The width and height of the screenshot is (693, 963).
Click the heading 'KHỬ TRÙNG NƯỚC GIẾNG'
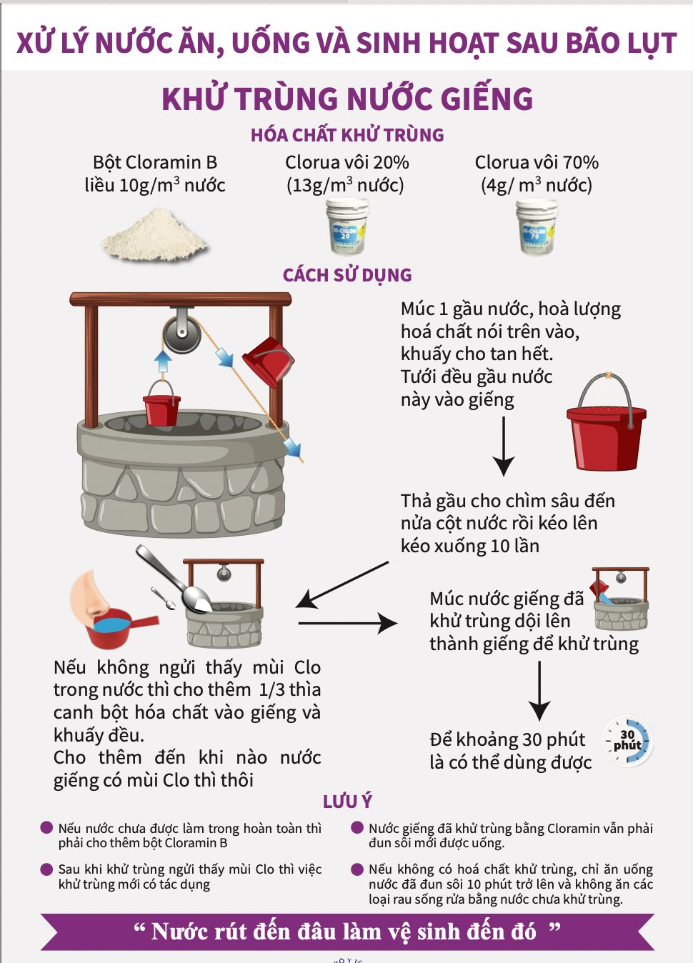pyautogui.click(x=347, y=99)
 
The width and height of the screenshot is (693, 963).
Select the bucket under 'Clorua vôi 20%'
pyautogui.click(x=347, y=227)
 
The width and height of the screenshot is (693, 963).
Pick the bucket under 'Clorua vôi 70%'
pyautogui.click(x=537, y=227)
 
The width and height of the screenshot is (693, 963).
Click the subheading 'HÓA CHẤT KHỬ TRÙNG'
pyautogui.click(x=347, y=135)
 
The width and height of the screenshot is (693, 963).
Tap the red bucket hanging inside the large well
pyautogui.click(x=161, y=407)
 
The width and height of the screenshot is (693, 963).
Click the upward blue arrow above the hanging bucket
pyautogui.click(x=164, y=361)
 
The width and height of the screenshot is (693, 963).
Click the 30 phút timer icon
pyautogui.click(x=627, y=741)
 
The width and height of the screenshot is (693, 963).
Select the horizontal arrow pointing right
pyautogui.click(x=347, y=623)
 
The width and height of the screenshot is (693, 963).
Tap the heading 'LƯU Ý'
pyautogui.click(x=347, y=802)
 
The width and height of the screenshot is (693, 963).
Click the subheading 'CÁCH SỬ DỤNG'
pyautogui.click(x=347, y=275)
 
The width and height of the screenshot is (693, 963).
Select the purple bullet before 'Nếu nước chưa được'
pyautogui.click(x=46, y=828)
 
